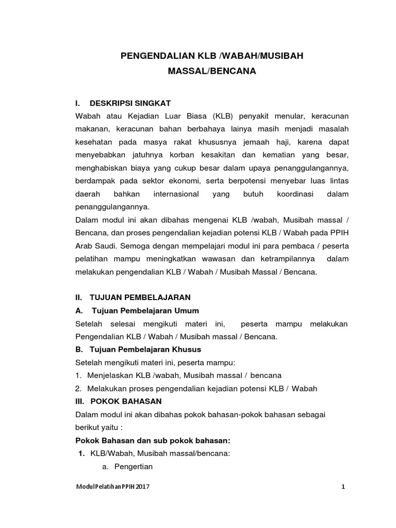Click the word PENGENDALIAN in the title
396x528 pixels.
tap(156, 56)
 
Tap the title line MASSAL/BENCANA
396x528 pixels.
tap(212, 71)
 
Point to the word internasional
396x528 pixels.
tap(176, 194)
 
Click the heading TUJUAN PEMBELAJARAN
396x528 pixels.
tap(140, 298)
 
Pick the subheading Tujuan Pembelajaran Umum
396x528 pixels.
tap(145, 310)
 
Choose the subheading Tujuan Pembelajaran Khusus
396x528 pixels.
tap(146, 349)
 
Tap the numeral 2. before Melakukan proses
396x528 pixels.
tap(78, 388)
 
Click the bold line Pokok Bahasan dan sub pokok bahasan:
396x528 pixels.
tap(152, 440)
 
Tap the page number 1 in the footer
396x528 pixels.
tap(343, 487)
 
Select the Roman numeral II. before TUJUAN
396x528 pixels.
tap(79, 298)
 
